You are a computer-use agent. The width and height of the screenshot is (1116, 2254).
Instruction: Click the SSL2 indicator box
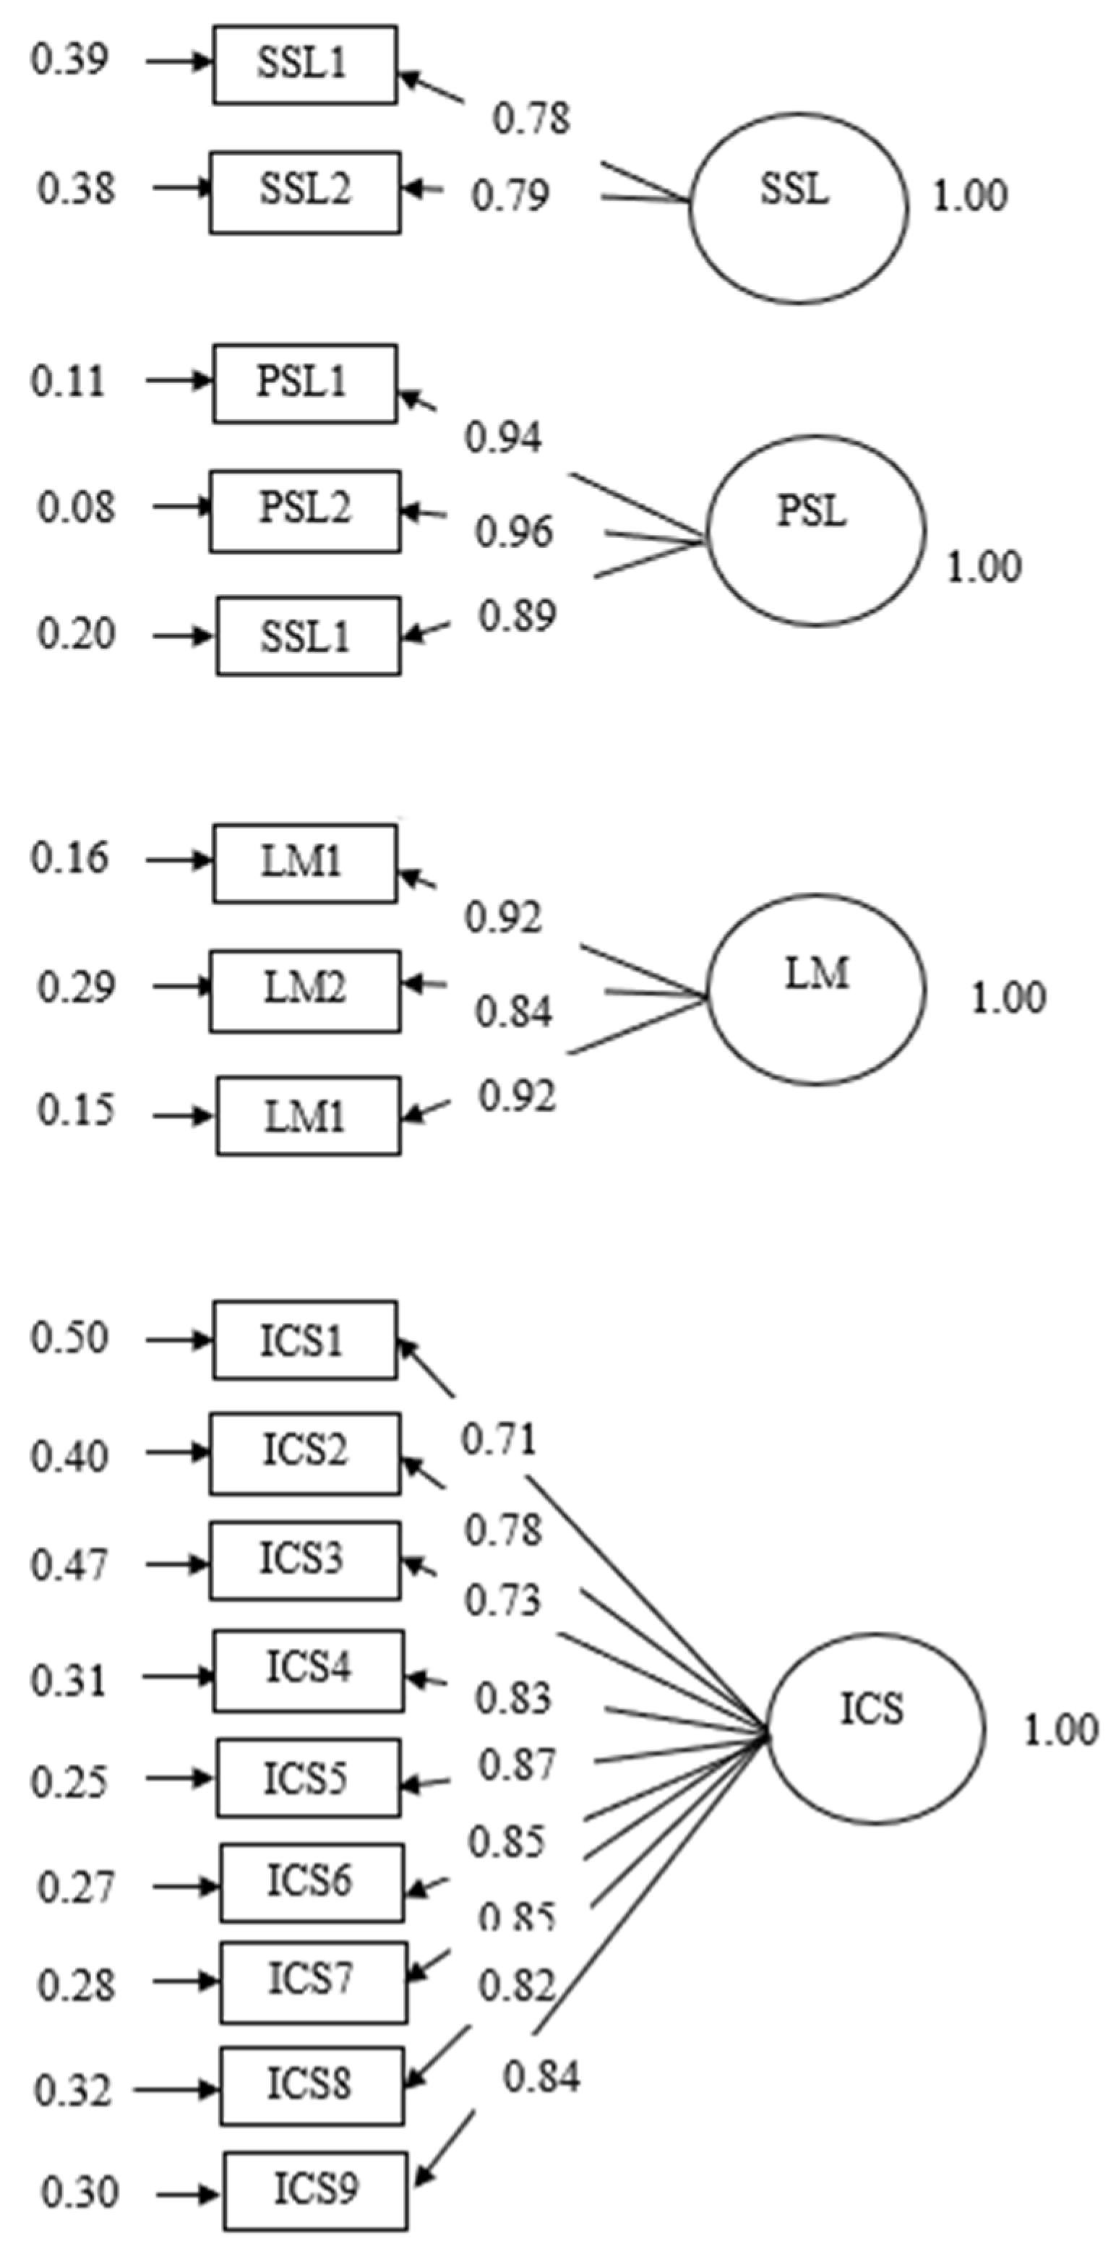click(304, 192)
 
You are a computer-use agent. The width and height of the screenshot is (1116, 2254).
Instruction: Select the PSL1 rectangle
click(304, 383)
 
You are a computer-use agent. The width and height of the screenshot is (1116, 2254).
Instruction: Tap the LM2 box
click(304, 990)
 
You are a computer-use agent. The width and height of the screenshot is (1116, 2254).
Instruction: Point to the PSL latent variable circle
click(815, 531)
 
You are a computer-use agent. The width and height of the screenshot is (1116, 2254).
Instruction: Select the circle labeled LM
click(815, 990)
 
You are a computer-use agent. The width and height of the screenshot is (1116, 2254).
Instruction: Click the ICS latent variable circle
click(875, 1729)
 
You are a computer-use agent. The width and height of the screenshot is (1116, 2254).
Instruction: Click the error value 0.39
click(70, 61)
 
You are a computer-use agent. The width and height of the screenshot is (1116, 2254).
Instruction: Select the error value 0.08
click(76, 507)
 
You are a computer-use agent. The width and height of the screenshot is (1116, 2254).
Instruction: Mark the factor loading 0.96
click(513, 532)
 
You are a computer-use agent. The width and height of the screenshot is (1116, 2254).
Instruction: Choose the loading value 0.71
click(499, 1439)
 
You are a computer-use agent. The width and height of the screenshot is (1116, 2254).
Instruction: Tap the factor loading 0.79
click(511, 195)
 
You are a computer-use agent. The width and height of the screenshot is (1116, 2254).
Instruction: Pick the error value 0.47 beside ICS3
click(70, 1565)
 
